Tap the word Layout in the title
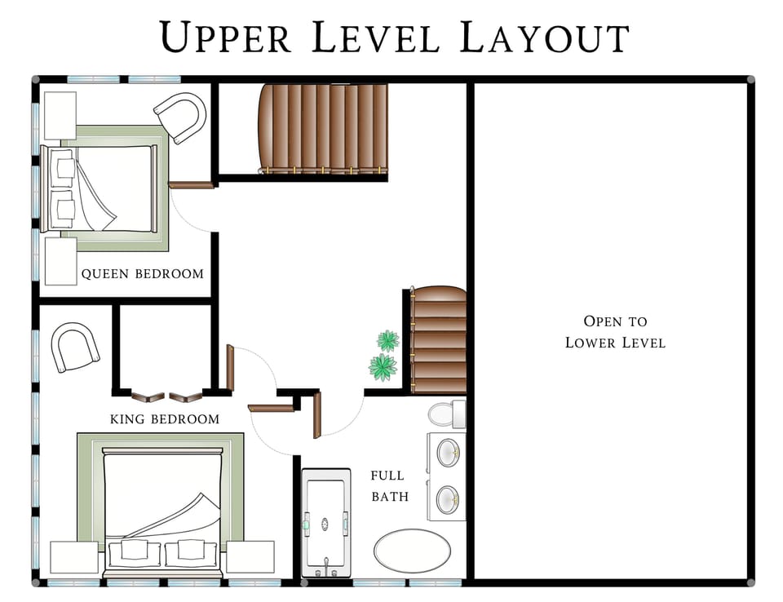(x=545, y=38)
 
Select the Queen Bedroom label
(x=142, y=274)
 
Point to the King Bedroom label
(x=164, y=419)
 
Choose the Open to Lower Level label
(x=615, y=332)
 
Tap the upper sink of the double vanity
(x=447, y=452)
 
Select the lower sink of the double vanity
(x=447, y=499)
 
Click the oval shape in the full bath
(x=412, y=551)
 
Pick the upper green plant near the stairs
(x=387, y=340)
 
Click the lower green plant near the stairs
(x=383, y=367)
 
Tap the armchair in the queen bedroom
(x=180, y=117)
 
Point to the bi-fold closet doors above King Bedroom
(x=167, y=397)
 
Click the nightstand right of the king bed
(x=250, y=557)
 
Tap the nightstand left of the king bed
(x=74, y=557)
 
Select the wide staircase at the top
(x=322, y=127)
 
